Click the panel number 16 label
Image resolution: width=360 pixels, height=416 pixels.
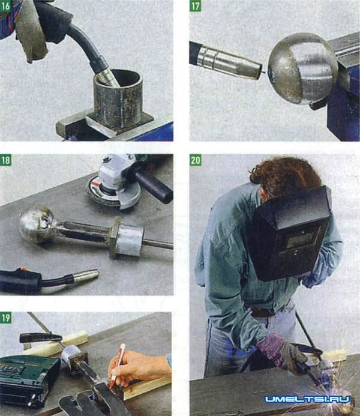tap(5, 6)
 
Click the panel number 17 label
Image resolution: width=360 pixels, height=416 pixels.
tap(195, 6)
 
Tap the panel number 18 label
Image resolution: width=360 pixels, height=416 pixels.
tap(5, 160)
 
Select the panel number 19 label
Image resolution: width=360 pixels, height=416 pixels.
tap(5, 318)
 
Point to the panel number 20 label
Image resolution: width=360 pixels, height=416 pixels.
tap(196, 160)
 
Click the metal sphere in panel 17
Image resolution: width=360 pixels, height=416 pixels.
tap(302, 68)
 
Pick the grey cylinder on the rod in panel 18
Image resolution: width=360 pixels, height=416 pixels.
tap(130, 241)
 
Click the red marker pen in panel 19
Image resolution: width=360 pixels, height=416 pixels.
tap(117, 363)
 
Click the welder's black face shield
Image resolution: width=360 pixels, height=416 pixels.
tap(290, 234)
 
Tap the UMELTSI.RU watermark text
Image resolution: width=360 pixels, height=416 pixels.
tap(308, 399)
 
